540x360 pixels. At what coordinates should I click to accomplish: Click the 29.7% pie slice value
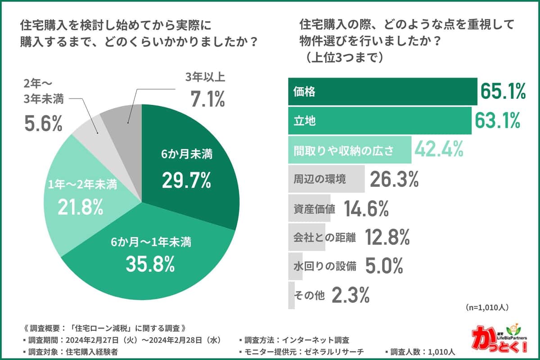[x=187, y=180]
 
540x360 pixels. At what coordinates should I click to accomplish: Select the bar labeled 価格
[x=382, y=92]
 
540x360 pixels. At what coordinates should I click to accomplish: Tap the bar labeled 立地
[x=379, y=121]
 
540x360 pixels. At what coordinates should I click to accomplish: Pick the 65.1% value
[x=503, y=92]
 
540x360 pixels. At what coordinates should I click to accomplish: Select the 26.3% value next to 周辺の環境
[x=394, y=180]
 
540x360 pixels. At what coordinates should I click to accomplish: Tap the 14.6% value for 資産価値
[x=366, y=208]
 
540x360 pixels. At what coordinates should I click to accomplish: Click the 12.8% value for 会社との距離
[x=387, y=237]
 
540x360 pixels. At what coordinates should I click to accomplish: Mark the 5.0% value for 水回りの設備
[x=383, y=266]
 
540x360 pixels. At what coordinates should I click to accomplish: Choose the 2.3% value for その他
[x=351, y=295]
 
